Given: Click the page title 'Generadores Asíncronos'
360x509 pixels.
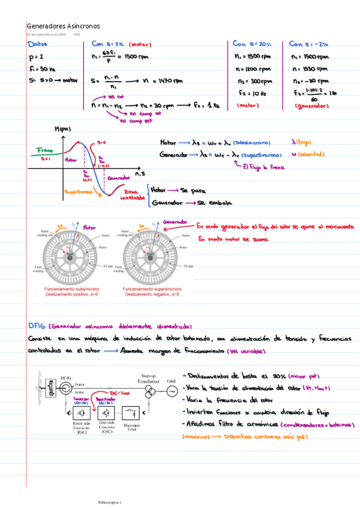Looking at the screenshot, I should click(x=63, y=26).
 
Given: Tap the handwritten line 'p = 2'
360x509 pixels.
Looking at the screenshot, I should click(x=35, y=58).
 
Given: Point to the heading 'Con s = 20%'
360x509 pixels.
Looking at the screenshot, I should click(x=252, y=44).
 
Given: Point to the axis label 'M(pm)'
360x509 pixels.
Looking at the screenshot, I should click(x=62, y=129).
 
